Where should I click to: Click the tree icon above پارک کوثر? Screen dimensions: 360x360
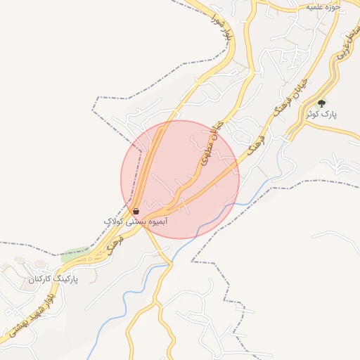coord(322,102)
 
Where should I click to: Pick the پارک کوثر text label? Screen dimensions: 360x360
coord(321,114)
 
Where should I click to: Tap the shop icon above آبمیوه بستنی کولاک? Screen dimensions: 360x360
coord(136,210)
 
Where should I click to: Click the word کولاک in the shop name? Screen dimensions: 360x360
coord(113,221)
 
